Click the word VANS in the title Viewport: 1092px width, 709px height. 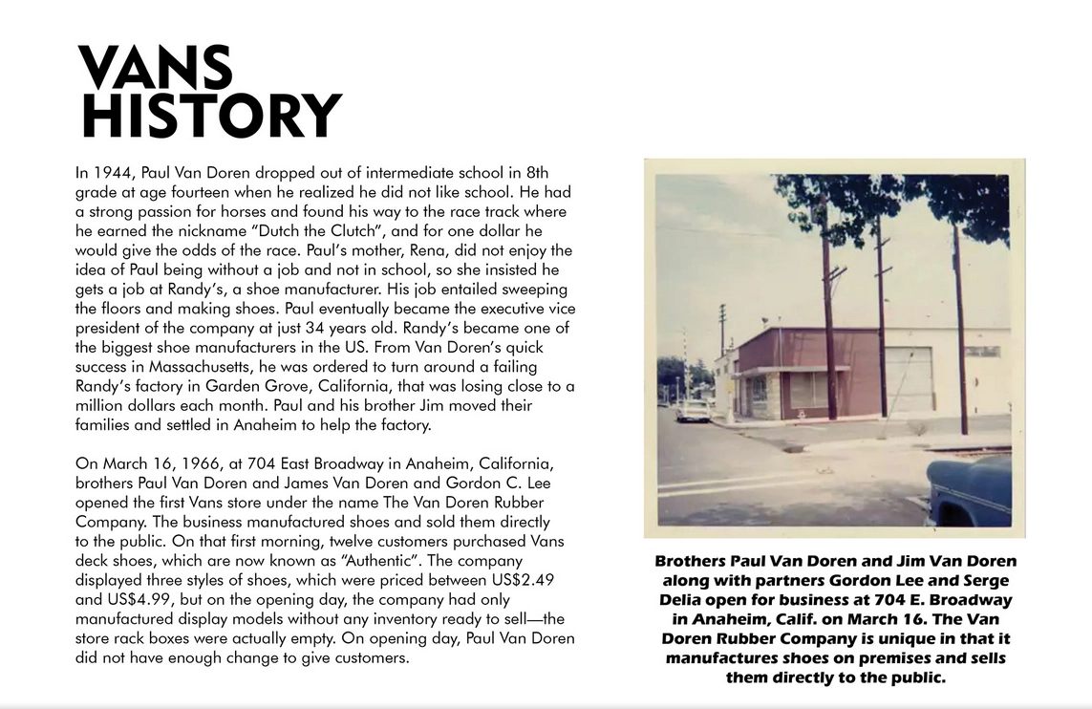155,69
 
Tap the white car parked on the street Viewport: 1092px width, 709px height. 693,410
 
